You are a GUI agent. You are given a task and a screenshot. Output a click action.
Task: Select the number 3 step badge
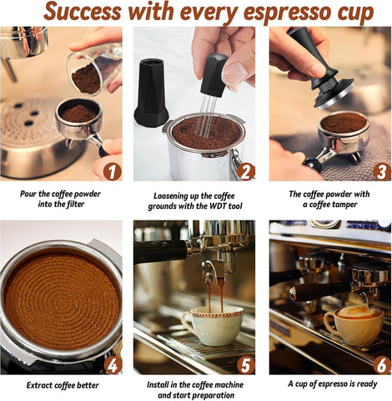point(380,171)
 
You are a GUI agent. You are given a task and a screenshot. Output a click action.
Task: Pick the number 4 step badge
point(113,364)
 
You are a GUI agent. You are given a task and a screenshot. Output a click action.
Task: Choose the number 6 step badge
point(380,364)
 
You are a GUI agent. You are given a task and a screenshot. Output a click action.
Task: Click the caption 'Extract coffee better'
point(62,385)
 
